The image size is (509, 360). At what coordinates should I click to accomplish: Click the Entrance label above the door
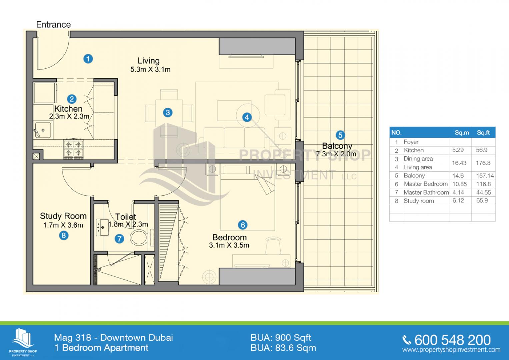point(53,25)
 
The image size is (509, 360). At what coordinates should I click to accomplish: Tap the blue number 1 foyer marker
point(88,59)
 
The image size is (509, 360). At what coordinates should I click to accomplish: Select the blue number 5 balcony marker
point(340,135)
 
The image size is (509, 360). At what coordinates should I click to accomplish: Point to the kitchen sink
point(43,130)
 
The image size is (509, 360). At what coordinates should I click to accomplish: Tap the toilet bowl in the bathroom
point(139,237)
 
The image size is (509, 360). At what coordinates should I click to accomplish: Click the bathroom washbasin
point(102,227)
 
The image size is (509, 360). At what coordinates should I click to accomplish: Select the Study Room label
point(63,216)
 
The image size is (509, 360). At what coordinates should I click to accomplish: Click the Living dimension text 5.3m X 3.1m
point(150,69)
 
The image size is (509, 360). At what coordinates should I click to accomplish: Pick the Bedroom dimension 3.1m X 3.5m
point(229,245)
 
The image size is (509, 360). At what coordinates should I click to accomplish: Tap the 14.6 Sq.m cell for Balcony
point(458,176)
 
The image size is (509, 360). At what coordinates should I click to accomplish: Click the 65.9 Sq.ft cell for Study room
point(482,201)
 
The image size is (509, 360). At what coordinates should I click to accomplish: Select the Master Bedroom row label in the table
point(426,184)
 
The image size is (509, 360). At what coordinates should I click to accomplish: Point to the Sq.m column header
point(462,133)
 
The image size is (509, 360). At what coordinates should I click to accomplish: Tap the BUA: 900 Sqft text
point(281,338)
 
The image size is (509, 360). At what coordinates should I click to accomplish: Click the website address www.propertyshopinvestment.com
point(451,350)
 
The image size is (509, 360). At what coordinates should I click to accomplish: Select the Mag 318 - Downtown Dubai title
point(113,338)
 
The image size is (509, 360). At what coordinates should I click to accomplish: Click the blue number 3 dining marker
point(168,113)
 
